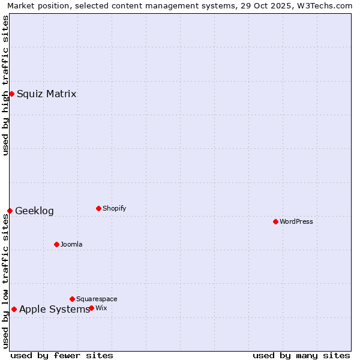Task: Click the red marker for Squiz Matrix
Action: pos(11,94)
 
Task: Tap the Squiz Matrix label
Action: pos(46,94)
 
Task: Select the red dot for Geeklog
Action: pos(10,211)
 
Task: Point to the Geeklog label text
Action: pos(34,211)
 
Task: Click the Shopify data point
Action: pos(98,208)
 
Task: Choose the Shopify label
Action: pos(114,208)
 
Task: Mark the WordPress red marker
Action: pos(275,221)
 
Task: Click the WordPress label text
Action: pos(296,221)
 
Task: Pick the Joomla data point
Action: pos(56,244)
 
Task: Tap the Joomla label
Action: pos(71,244)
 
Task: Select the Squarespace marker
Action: pos(72,299)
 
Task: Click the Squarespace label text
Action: pos(97,299)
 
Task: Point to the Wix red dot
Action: pos(91,308)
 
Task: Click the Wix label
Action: pos(101,308)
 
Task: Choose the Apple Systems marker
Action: pos(14,309)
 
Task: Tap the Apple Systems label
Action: pos(54,309)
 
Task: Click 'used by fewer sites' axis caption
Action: pos(62,355)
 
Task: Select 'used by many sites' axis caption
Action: pos(301,355)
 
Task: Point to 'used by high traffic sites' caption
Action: pos(6,85)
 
